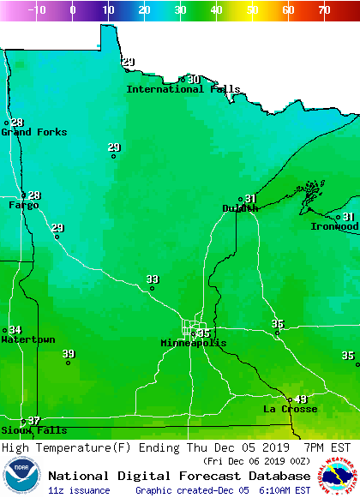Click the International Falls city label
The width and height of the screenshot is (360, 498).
coord(183,89)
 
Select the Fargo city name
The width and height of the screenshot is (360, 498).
coord(23,206)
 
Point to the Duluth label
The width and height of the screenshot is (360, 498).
coord(240,208)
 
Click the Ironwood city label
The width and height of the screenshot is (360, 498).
coord(334,226)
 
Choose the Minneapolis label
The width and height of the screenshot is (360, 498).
coord(194,343)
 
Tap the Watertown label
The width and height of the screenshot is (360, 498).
coord(27,339)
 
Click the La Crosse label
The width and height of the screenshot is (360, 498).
coord(290,409)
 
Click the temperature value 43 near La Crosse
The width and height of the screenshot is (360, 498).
coord(301,399)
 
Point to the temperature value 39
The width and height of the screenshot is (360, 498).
coord(69,354)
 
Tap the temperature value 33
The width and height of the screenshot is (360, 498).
coord(153,279)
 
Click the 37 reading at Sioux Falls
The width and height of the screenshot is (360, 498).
coord(34,421)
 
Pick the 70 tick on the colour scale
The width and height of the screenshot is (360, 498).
coord(324,10)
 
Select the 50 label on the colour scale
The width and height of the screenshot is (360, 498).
coord(252,10)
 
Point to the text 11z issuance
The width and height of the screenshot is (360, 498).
coord(79,490)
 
